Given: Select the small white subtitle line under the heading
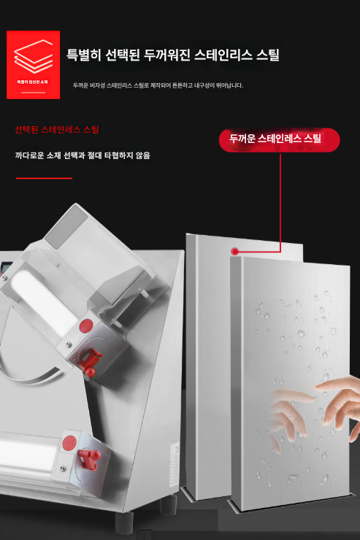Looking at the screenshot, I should [158, 85].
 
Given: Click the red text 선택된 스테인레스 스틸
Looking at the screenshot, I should [57, 130].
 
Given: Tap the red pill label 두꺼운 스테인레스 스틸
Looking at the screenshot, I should [280, 139].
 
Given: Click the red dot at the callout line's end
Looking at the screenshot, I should [234, 251].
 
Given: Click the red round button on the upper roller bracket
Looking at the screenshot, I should [86, 325].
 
